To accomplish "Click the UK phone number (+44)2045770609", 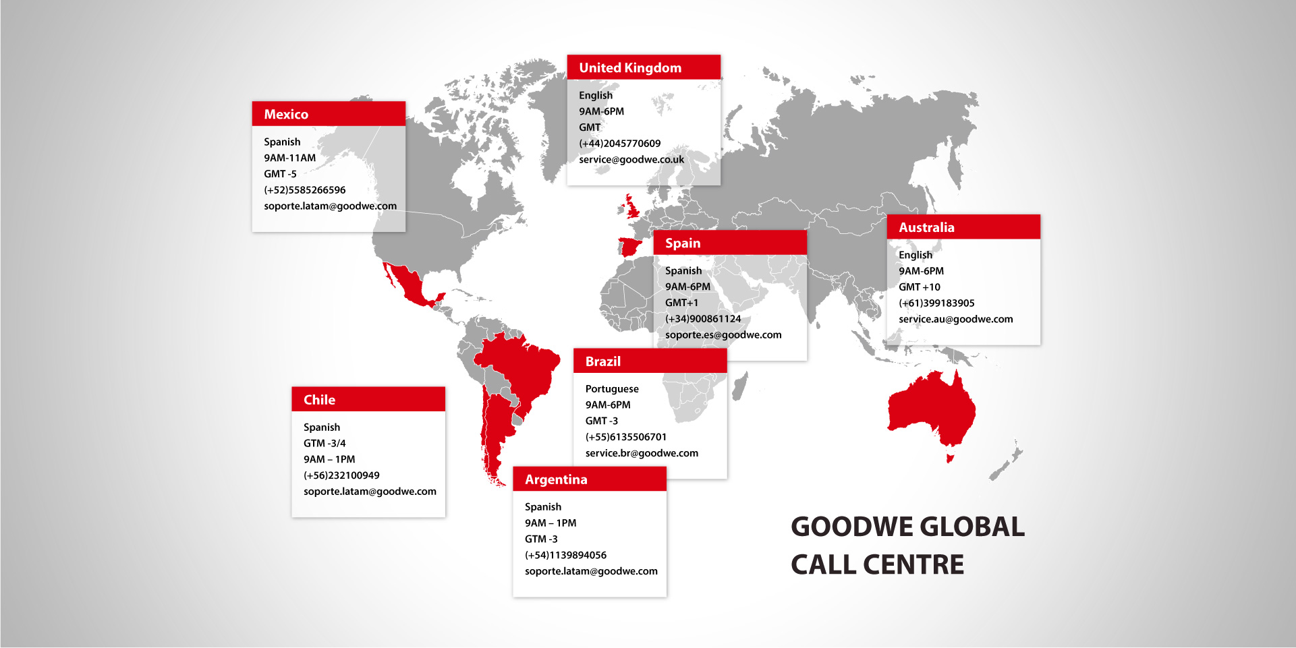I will [x=619, y=143].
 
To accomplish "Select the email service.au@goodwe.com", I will [x=955, y=319].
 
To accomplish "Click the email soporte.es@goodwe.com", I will [x=723, y=334].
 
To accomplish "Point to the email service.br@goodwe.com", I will [x=642, y=453].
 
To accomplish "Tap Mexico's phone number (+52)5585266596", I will [x=304, y=189].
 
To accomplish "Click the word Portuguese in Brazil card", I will [x=612, y=388].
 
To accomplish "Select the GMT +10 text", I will [x=919, y=287].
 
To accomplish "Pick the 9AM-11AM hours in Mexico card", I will [x=289, y=158].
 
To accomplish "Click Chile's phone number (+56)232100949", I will [x=341, y=475].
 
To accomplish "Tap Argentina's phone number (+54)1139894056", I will [x=565, y=555].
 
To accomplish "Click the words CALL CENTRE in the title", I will [x=877, y=564].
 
